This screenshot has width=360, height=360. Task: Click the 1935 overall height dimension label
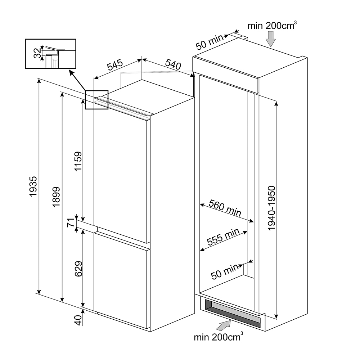click(33, 186)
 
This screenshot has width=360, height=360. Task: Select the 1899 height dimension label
click(56, 197)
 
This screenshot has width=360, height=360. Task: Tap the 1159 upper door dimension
click(78, 161)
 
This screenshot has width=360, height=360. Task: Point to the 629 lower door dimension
click(78, 269)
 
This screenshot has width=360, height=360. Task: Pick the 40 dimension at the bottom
click(78, 320)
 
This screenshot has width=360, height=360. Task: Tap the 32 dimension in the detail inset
click(37, 53)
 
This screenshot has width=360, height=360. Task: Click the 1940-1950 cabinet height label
click(271, 208)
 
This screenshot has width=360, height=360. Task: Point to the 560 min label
click(225, 208)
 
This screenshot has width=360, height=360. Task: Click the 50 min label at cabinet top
click(210, 42)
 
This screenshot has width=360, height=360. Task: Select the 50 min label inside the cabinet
click(225, 271)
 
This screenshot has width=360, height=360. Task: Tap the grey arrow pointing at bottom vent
click(224, 325)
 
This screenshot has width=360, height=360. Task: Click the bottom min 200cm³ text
click(219, 337)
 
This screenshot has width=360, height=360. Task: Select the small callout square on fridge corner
click(96, 100)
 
